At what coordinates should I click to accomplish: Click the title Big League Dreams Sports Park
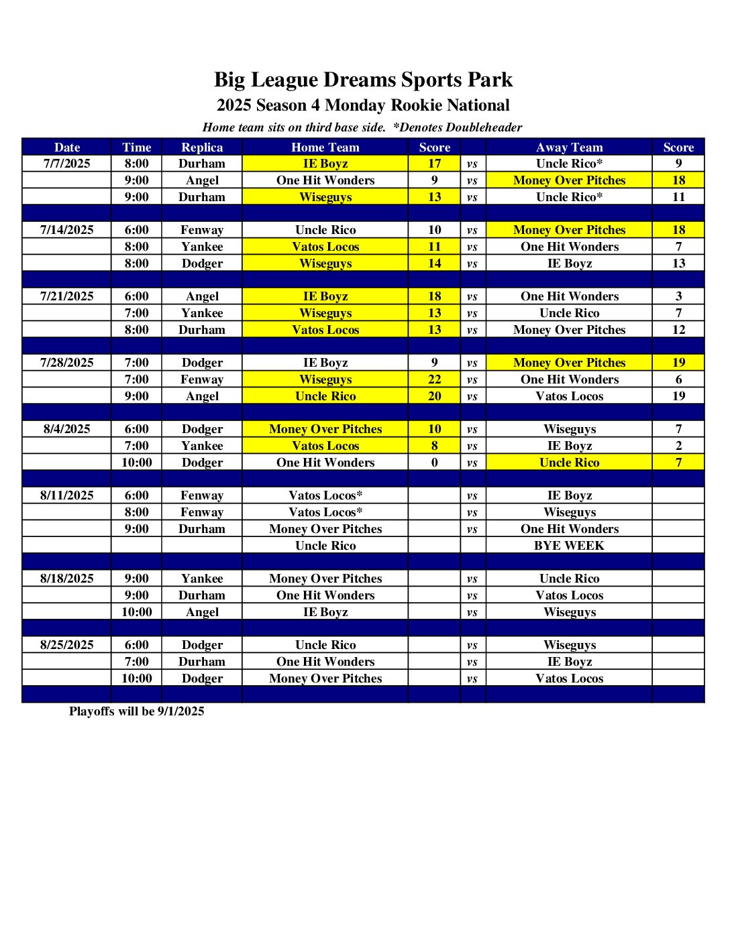[363, 80]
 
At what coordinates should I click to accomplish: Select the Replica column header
[201, 147]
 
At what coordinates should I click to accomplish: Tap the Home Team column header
[325, 147]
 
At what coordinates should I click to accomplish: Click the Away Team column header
[569, 147]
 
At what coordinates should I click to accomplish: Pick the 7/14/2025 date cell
[66, 230]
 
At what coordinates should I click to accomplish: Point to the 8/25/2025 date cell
[66, 645]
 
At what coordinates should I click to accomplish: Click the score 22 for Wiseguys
[434, 379]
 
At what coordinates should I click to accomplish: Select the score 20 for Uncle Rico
[434, 396]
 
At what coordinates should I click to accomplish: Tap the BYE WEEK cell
[569, 546]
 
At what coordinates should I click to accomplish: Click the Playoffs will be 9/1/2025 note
[136, 711]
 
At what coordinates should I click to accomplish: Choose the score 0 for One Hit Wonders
[434, 463]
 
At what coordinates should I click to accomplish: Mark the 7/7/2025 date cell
[66, 164]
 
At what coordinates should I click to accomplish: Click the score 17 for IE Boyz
[434, 164]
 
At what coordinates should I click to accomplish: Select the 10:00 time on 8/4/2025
[136, 463]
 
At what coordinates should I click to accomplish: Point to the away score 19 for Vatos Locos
[678, 396]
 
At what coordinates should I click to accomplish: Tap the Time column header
[136, 147]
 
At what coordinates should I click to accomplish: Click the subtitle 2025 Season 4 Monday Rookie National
[363, 105]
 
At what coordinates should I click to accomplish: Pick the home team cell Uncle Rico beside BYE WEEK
[325, 546]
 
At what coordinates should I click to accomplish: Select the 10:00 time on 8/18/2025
[136, 612]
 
